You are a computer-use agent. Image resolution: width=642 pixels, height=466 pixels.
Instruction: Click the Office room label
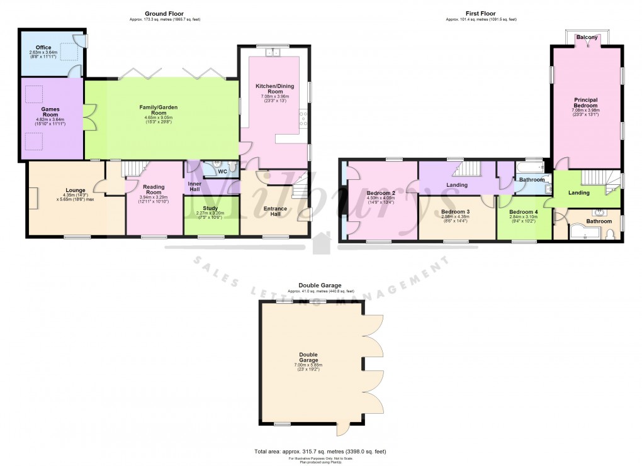pos(43,47)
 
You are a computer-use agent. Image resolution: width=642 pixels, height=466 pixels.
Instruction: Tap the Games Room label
pos(50,111)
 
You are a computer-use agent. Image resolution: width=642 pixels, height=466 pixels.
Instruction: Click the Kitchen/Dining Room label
pos(273,88)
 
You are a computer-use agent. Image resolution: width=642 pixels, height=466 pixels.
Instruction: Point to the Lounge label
pos(75,189)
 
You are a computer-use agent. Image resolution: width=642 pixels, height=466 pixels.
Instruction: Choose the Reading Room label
pos(154,189)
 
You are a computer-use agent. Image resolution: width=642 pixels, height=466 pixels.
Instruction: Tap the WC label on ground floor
pos(222,171)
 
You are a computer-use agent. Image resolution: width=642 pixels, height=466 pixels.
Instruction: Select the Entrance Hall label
pos(274,212)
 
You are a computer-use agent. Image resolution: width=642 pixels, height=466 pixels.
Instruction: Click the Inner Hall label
pos(195,187)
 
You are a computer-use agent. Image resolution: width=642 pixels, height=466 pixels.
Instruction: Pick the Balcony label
pos(587,38)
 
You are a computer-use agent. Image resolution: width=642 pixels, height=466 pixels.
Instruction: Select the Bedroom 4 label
pos(524,212)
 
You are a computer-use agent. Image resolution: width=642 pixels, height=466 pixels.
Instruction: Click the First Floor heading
pos(481,13)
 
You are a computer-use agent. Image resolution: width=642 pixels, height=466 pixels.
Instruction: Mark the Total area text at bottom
pos(320,452)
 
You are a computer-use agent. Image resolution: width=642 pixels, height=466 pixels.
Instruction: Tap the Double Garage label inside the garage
pos(308,357)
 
